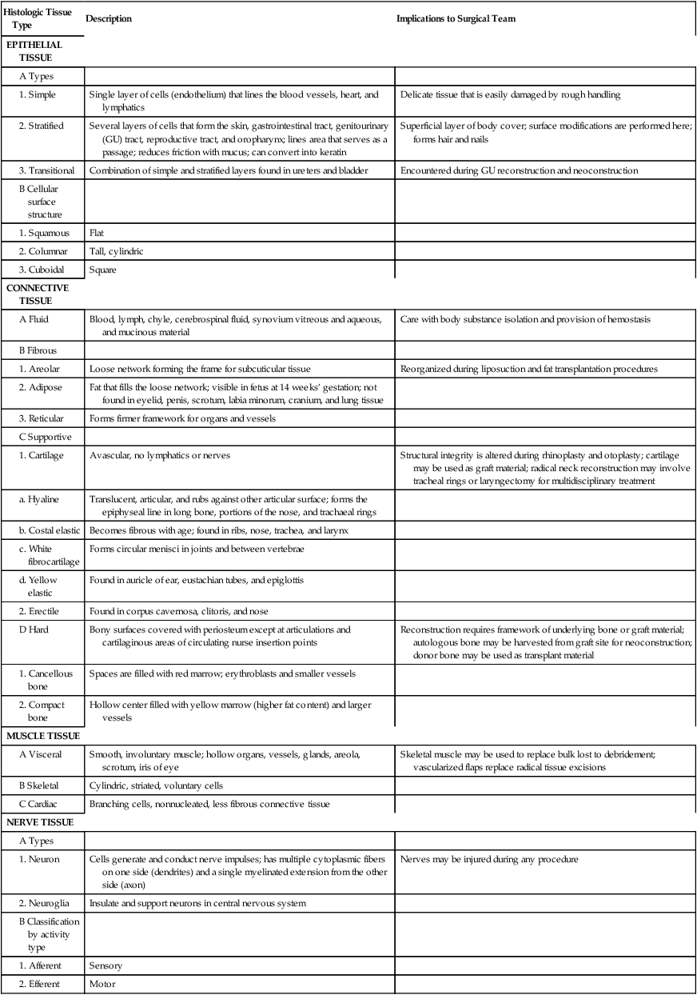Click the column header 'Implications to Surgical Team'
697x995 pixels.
[x=456, y=18]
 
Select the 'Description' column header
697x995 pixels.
[x=109, y=18]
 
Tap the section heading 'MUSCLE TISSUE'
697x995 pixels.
[x=42, y=735]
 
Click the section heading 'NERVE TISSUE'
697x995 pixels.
[x=40, y=822]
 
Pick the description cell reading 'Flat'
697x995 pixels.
[x=98, y=233]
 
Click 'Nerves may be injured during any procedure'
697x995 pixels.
[x=489, y=859]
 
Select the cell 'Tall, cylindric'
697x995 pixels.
[x=117, y=251]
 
